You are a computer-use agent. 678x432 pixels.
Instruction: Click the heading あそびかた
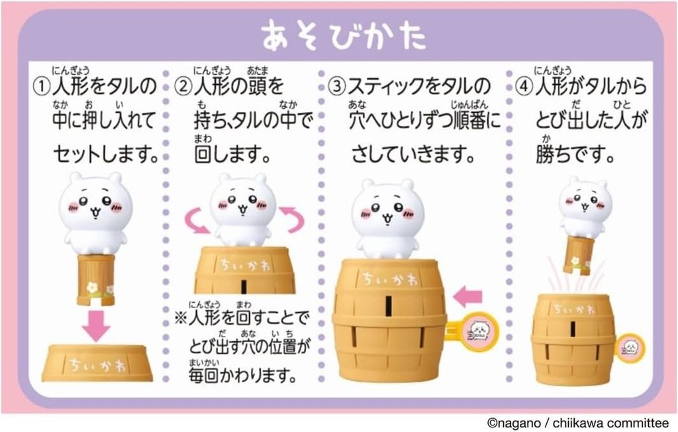(x=344, y=35)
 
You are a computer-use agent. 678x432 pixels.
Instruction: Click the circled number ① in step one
(x=42, y=86)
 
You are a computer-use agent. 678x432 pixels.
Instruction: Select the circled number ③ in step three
(x=337, y=86)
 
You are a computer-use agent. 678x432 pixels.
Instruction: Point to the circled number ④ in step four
(x=524, y=86)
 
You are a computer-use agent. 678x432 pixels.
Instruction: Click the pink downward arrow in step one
(x=97, y=325)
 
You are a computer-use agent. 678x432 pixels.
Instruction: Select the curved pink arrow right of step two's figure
(x=291, y=219)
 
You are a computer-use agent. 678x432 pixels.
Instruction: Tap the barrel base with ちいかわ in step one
(x=97, y=362)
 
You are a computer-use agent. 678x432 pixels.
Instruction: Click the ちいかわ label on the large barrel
(x=389, y=279)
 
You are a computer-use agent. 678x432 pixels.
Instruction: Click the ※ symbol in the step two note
(x=180, y=319)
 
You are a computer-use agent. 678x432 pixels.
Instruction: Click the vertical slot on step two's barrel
(x=244, y=286)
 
